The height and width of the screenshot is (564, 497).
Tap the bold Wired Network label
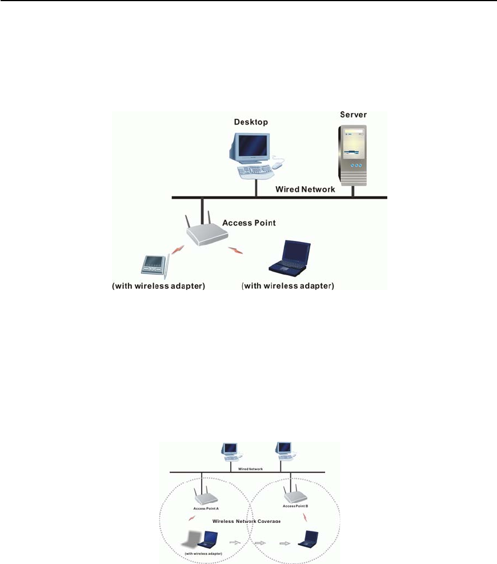[x=306, y=189]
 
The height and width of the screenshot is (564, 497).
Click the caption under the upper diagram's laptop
[x=287, y=285]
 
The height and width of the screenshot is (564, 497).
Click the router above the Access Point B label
[x=291, y=492]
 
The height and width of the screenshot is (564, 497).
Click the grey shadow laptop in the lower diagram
[x=192, y=540]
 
